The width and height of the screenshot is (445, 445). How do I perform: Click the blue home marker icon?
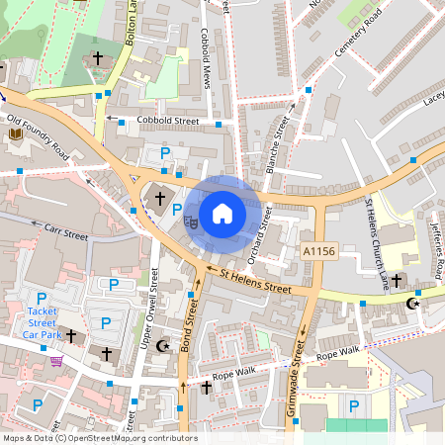(222, 214)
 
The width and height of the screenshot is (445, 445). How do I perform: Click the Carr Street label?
(66, 232)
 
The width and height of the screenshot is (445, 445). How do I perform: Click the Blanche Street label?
(278, 145)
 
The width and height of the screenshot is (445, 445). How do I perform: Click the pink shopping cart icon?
(55, 361)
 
